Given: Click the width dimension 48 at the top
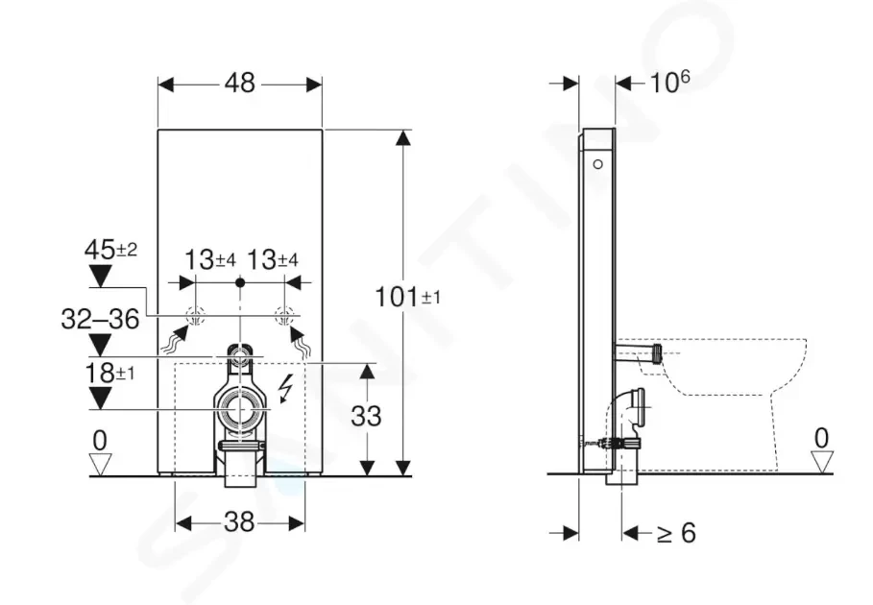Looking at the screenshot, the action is [240, 84].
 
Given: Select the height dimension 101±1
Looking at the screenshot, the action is [407, 297].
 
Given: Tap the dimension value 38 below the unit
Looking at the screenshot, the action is [239, 522].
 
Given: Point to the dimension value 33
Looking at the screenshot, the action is [366, 415].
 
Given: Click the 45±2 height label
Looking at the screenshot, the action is [110, 250].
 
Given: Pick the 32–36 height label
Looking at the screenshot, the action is [100, 319].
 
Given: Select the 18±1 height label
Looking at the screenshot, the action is [109, 373].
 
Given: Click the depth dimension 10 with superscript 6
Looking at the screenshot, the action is [669, 82].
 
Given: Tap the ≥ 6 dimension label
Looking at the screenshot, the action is [676, 533].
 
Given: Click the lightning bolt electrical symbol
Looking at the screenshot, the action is [286, 388].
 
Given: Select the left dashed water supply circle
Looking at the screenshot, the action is [195, 318].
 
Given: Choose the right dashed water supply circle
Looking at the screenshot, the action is [284, 318].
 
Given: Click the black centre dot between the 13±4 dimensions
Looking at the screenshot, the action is [240, 282].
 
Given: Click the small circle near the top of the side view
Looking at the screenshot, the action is [598, 164].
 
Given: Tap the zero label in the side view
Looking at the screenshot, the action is [822, 439].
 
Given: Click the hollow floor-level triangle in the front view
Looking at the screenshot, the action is [100, 464].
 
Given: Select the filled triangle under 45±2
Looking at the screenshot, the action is [100, 276].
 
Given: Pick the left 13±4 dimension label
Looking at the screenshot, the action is [210, 259].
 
